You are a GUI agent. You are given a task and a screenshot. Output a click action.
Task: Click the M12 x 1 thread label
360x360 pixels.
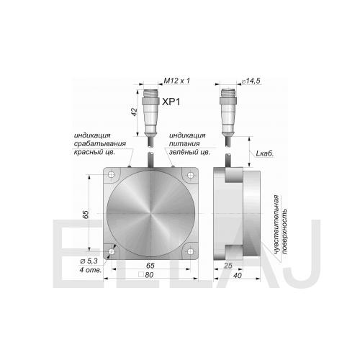coord(176,81)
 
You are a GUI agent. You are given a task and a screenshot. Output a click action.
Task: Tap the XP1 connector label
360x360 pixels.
coord(171,102)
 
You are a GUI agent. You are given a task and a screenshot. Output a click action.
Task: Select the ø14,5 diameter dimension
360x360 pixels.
coord(251,81)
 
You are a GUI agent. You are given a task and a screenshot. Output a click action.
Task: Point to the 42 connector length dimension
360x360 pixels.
coord(135,112)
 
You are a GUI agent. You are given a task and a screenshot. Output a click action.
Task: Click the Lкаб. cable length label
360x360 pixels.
coord(265,153)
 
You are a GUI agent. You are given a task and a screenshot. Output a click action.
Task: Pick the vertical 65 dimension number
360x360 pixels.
coord(86,214)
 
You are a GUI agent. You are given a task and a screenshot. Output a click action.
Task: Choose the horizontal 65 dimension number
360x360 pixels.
coord(150,266)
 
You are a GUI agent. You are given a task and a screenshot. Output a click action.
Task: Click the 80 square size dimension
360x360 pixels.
coord(146,275)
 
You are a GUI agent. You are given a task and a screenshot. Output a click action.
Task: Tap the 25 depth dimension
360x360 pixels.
coord(228,266)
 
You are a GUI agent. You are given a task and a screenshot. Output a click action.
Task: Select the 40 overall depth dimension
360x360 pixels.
coord(237,275)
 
